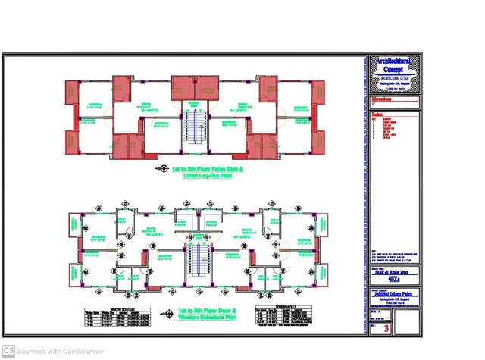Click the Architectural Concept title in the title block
click(x=394, y=65)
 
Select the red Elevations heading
click(x=383, y=98)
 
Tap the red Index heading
click(x=377, y=114)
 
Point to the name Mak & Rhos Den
click(x=393, y=271)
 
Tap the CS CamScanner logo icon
click(x=8, y=350)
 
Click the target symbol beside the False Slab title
click(x=161, y=167)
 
